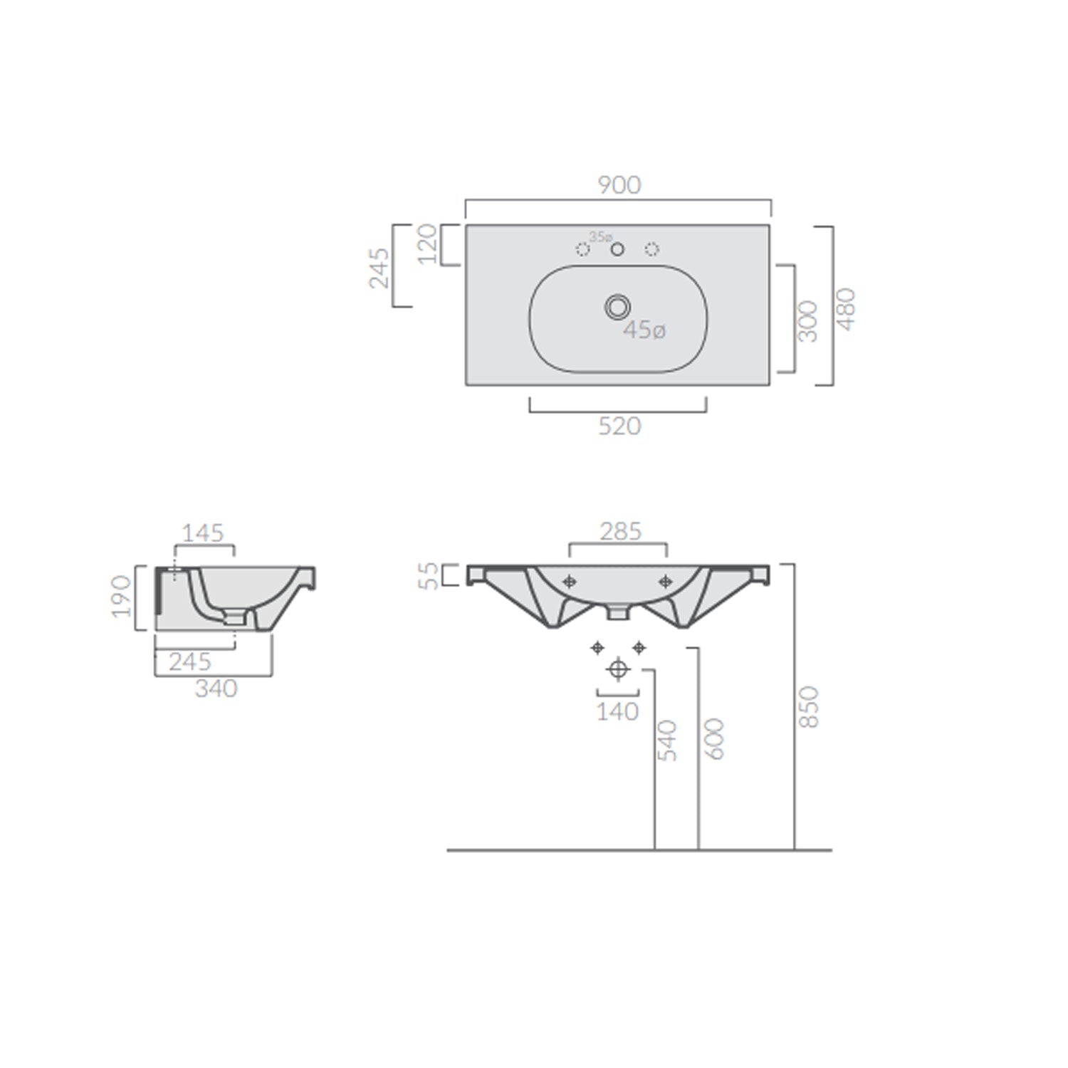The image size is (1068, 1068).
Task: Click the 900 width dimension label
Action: click(x=619, y=185)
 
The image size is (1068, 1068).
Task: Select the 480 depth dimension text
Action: click(x=846, y=308)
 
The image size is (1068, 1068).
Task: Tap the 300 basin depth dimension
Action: click(x=808, y=320)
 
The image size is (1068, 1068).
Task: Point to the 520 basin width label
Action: click(x=619, y=426)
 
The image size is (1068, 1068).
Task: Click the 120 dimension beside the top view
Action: click(x=427, y=244)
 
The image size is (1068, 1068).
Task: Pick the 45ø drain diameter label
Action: click(x=644, y=330)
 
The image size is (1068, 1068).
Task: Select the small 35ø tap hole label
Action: click(x=600, y=236)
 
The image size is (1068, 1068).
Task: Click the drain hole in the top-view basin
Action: click(x=617, y=307)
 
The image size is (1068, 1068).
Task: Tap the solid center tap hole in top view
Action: click(x=617, y=249)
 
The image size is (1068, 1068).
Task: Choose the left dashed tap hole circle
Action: click(x=582, y=249)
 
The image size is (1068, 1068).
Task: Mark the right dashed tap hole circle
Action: click(x=651, y=249)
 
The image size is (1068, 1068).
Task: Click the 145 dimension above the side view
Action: click(x=203, y=533)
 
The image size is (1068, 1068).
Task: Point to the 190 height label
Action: click(x=122, y=596)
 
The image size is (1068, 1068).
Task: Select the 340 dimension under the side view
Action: click(x=216, y=689)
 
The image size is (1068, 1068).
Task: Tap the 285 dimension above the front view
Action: click(x=620, y=531)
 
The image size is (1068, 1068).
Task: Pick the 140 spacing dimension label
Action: click(x=617, y=711)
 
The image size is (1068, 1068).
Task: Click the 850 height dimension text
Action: click(x=810, y=706)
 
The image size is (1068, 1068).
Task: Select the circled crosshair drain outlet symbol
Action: click(x=618, y=669)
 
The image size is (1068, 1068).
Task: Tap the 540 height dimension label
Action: click(x=667, y=740)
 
